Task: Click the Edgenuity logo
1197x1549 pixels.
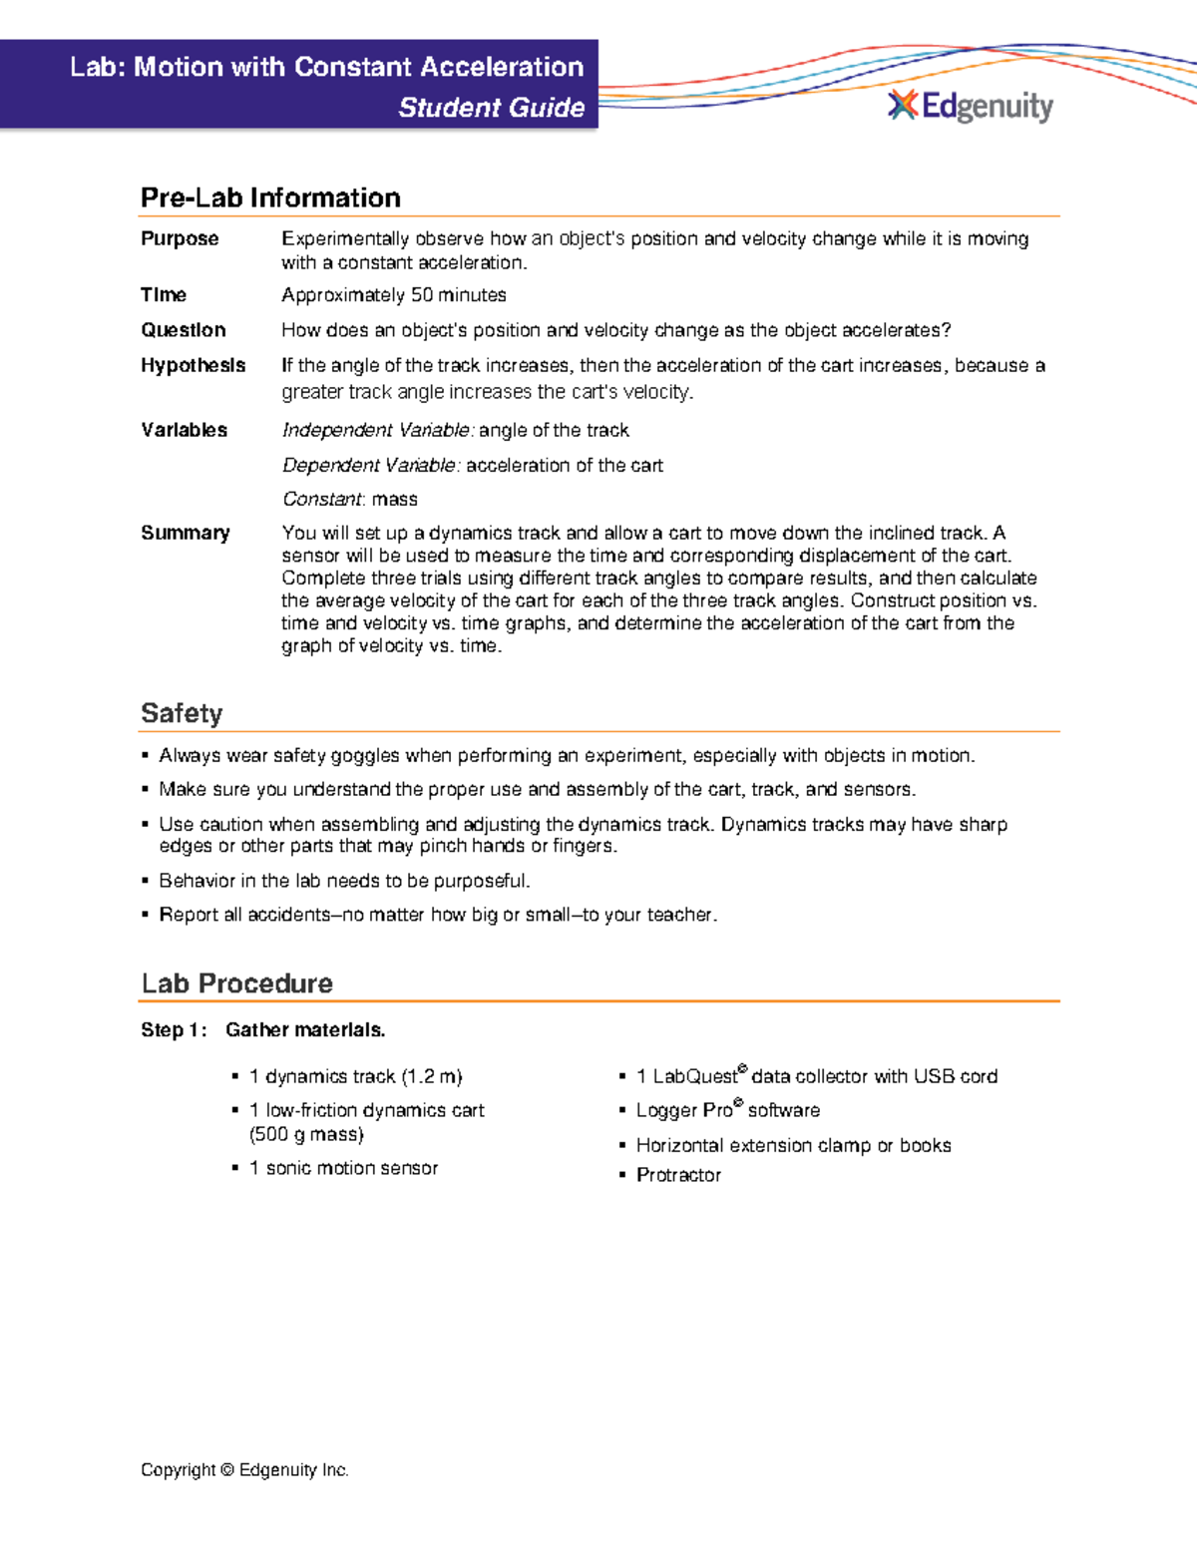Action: click(x=970, y=106)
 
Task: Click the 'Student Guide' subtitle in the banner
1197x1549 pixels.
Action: click(x=491, y=108)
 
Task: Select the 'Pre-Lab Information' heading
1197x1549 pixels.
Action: click(x=270, y=197)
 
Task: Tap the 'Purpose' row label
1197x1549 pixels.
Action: click(x=180, y=238)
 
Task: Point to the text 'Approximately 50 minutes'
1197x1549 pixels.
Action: click(x=393, y=295)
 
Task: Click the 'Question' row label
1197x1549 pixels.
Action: click(x=183, y=330)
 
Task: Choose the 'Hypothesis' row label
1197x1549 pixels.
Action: click(x=193, y=365)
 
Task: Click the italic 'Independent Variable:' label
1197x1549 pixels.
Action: click(x=378, y=430)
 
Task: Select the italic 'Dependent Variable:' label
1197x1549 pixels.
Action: click(x=371, y=466)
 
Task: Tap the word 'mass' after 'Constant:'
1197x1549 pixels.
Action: click(x=394, y=500)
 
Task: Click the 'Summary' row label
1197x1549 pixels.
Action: click(x=185, y=533)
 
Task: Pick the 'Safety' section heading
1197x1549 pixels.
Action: click(x=182, y=713)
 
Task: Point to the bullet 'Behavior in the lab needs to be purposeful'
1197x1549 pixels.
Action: click(x=344, y=881)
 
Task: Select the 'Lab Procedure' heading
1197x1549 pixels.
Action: click(x=236, y=983)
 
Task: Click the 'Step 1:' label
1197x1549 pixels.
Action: click(x=174, y=1030)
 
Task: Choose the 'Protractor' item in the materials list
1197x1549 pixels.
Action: click(x=678, y=1175)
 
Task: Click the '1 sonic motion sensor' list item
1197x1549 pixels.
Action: click(x=343, y=1168)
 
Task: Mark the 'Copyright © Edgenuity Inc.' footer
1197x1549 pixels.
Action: click(x=244, y=1470)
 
